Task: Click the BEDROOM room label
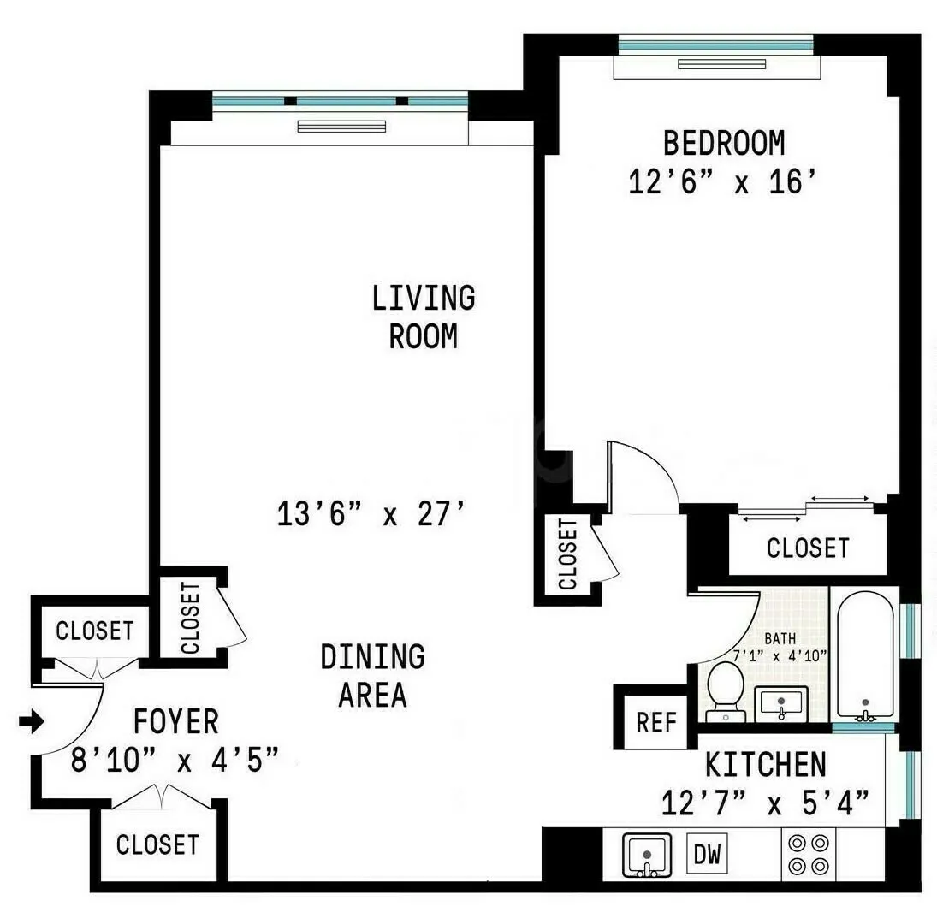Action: [x=724, y=142]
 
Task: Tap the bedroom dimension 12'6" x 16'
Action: [x=719, y=181]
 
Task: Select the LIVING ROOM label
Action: [x=424, y=317]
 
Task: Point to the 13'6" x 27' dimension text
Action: [x=371, y=514]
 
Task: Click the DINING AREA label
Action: [x=372, y=676]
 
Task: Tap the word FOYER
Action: [x=176, y=722]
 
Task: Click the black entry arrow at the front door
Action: [x=31, y=723]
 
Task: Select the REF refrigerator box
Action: [x=656, y=723]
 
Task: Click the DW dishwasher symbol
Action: [x=707, y=854]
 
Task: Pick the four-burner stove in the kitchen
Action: [x=808, y=854]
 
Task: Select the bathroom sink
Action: [x=781, y=704]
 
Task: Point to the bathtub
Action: [x=865, y=654]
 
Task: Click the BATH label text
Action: [x=780, y=638]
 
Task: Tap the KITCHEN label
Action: [x=766, y=763]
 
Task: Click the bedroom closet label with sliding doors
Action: [x=808, y=548]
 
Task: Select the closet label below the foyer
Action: [x=157, y=845]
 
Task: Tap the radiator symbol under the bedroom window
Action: [x=716, y=64]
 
